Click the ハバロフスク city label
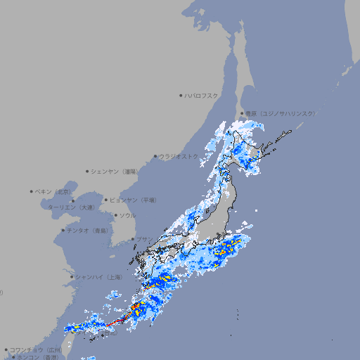pyautogui.click(x=202, y=95)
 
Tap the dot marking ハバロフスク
pyautogui.click(x=181, y=95)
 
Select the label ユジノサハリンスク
pyautogui.click(x=281, y=113)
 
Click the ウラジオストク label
pyautogui.click(x=179, y=156)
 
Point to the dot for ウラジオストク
pyautogui.click(x=155, y=156)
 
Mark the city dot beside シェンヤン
pyautogui.click(x=88, y=171)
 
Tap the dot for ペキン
pyautogui.click(x=32, y=191)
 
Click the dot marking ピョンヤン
pyautogui.click(x=107, y=200)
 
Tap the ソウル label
pyautogui.click(x=127, y=215)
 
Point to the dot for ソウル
pyautogui.click(x=115, y=215)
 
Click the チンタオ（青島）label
pyautogui.click(x=87, y=230)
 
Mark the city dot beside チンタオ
pyautogui.click(x=63, y=230)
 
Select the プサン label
pyautogui.click(x=143, y=239)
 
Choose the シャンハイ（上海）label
pyautogui.click(x=98, y=277)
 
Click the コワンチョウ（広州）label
pyautogui.click(x=35, y=349)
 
